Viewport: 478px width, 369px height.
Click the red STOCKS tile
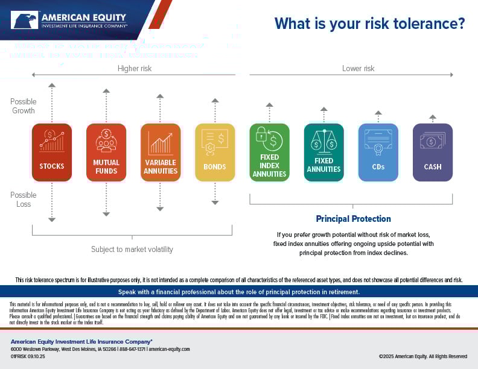click(52, 153)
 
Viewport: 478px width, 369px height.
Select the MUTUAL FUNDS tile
click(106, 153)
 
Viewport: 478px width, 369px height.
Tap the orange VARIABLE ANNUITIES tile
click(161, 153)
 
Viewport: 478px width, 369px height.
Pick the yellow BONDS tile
click(215, 153)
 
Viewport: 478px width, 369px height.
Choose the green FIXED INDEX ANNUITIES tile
click(269, 153)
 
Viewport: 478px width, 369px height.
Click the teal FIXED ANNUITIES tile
click(323, 153)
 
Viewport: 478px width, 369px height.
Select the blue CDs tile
click(378, 153)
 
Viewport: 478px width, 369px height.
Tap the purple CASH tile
click(432, 153)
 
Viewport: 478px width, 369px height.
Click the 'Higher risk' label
click(135, 69)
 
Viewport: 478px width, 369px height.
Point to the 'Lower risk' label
click(358, 69)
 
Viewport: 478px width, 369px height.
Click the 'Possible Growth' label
click(24, 106)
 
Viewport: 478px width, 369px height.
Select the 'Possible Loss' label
click(24, 200)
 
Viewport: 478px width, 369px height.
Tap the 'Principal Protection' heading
click(354, 219)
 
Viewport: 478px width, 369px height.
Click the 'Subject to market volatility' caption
click(132, 250)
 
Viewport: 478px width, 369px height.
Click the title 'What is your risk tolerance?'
click(369, 24)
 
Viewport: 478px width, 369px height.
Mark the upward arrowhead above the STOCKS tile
click(52, 86)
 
